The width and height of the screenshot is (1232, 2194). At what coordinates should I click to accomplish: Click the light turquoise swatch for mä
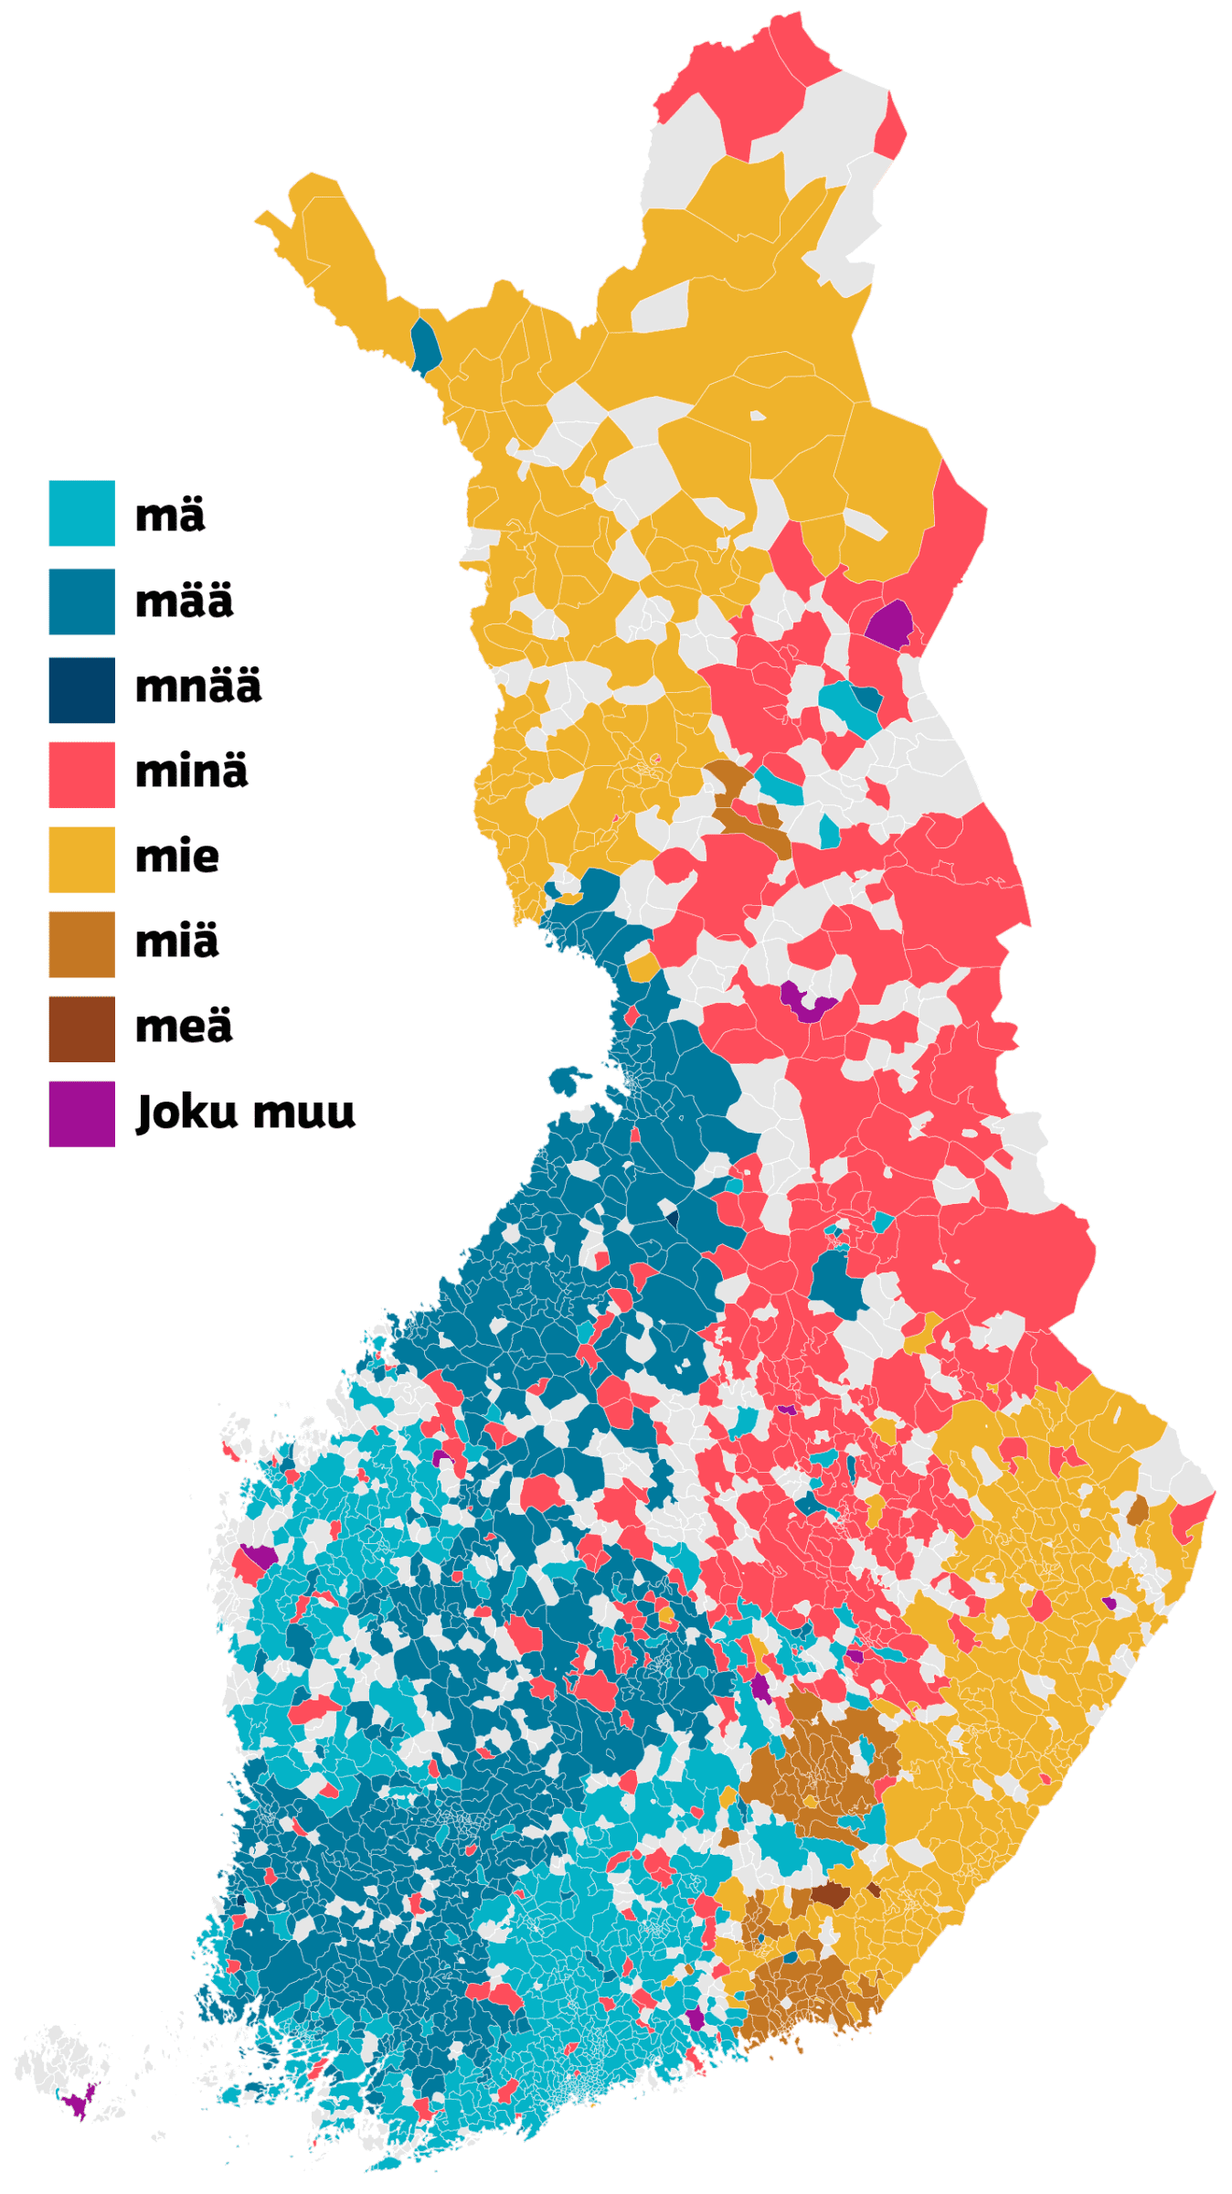pyautogui.click(x=81, y=513)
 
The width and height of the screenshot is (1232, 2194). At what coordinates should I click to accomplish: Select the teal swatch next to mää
pyautogui.click(x=81, y=602)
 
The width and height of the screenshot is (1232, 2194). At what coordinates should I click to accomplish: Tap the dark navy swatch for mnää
pyautogui.click(x=81, y=690)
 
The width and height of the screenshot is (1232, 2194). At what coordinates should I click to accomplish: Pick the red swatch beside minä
pyautogui.click(x=81, y=774)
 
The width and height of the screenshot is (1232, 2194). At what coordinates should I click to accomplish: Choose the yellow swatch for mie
pyautogui.click(x=81, y=859)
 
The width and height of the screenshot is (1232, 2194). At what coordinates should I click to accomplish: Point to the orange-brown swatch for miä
pyautogui.click(x=81, y=944)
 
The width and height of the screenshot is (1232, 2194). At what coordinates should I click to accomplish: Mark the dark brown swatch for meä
pyautogui.click(x=81, y=1029)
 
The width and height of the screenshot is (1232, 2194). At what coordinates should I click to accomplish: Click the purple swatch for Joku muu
pyautogui.click(x=81, y=1114)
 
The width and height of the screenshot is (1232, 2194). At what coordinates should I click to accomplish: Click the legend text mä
pyautogui.click(x=170, y=515)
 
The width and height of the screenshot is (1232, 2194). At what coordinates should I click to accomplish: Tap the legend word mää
pyautogui.click(x=184, y=602)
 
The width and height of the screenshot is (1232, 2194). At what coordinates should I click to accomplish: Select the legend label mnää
pyautogui.click(x=197, y=687)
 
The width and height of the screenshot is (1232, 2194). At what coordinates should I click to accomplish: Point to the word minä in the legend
pyautogui.click(x=191, y=772)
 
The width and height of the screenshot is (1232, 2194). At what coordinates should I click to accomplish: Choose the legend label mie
pyautogui.click(x=176, y=857)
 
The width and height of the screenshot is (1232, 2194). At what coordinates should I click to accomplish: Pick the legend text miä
pyautogui.click(x=176, y=942)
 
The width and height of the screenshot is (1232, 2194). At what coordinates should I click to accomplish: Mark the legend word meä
pyautogui.click(x=183, y=1027)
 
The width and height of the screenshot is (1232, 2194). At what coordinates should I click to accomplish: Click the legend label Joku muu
pyautogui.click(x=245, y=1113)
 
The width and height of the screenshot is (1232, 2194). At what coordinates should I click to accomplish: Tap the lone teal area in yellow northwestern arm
pyautogui.click(x=425, y=346)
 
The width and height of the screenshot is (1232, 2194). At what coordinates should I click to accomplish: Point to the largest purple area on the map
pyautogui.click(x=889, y=625)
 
